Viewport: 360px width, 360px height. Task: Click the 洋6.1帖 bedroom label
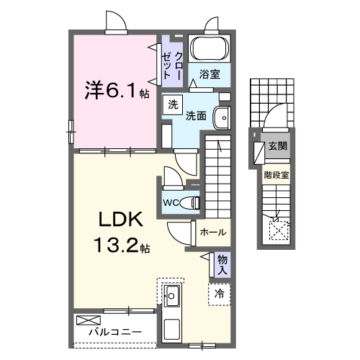(114, 92)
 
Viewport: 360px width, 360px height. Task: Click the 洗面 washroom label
(197, 115)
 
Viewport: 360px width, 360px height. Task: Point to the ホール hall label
(213, 233)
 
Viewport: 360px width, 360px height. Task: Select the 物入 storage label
(222, 264)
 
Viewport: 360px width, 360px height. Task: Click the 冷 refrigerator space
(219, 294)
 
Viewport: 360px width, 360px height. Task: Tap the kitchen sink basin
(173, 294)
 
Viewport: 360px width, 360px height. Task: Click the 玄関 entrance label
(278, 146)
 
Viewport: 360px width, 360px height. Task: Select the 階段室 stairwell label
(276, 174)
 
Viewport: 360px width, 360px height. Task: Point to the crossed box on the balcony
(86, 319)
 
